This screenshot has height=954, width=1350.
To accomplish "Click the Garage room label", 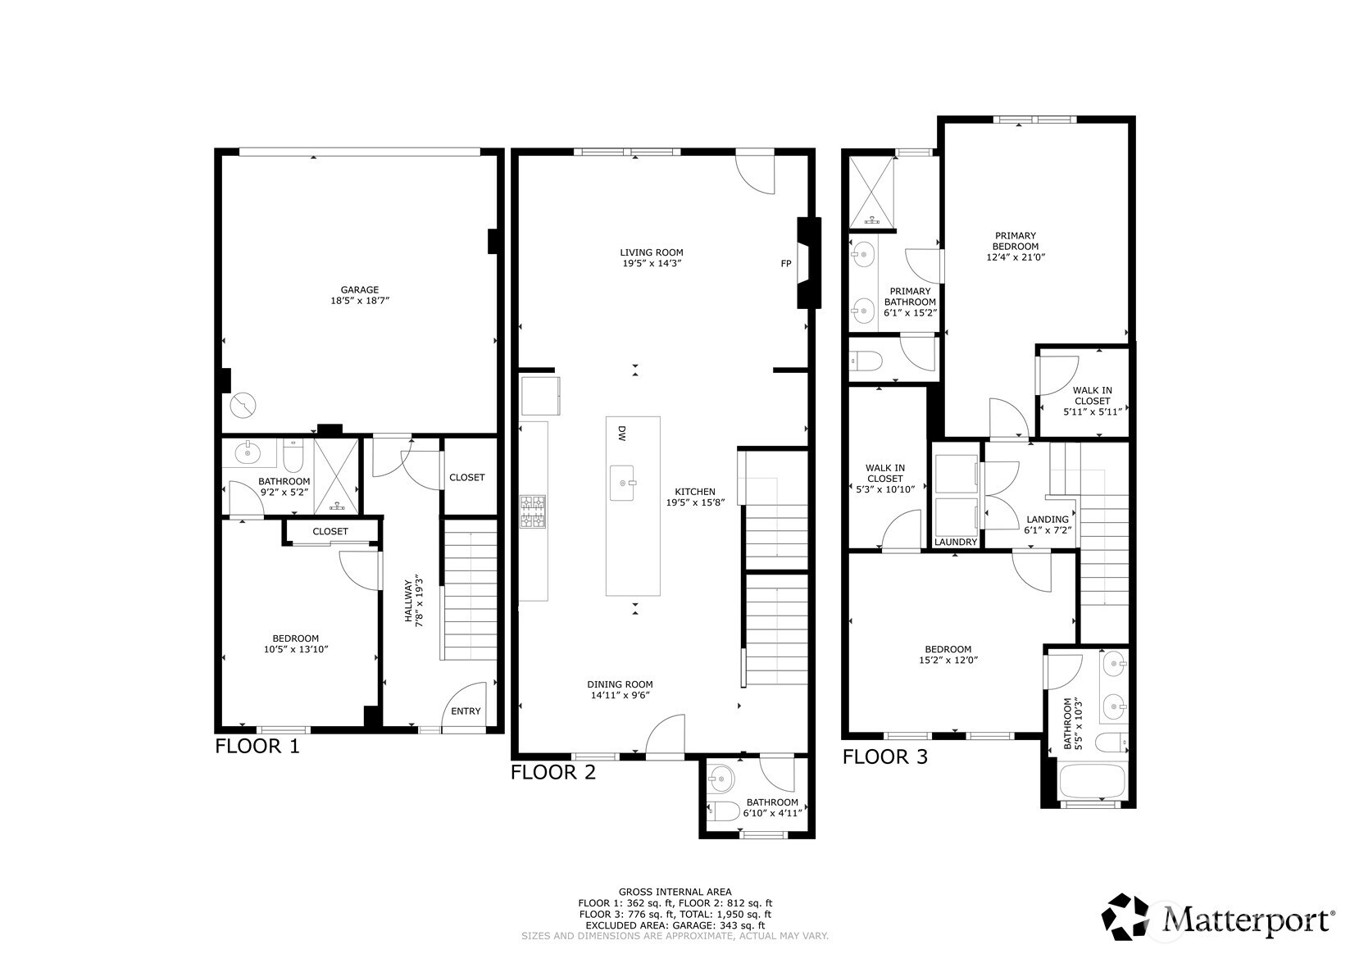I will [360, 289].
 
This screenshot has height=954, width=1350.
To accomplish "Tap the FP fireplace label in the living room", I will [785, 264].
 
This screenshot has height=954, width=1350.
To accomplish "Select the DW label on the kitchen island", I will [622, 434].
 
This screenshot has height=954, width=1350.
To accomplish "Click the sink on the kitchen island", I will [623, 483].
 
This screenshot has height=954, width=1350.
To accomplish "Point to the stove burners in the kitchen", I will [534, 511].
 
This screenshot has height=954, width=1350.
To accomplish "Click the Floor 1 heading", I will [257, 747].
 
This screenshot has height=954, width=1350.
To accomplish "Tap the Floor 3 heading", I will [885, 757].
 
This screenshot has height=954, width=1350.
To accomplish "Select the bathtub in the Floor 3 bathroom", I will [1092, 782].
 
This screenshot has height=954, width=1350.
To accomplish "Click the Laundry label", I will [956, 542].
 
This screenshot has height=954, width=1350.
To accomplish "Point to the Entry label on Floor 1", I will [466, 711].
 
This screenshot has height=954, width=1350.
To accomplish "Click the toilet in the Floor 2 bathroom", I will [724, 812].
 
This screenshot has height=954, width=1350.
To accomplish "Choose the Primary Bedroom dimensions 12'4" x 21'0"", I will [1016, 257].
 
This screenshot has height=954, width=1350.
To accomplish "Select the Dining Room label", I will [620, 684].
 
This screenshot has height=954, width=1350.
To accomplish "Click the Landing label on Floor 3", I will [1048, 519].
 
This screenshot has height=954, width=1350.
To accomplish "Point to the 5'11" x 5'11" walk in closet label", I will [1092, 412].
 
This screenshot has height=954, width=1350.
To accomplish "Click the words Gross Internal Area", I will [675, 892].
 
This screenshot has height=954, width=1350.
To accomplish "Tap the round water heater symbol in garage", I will [243, 404].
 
